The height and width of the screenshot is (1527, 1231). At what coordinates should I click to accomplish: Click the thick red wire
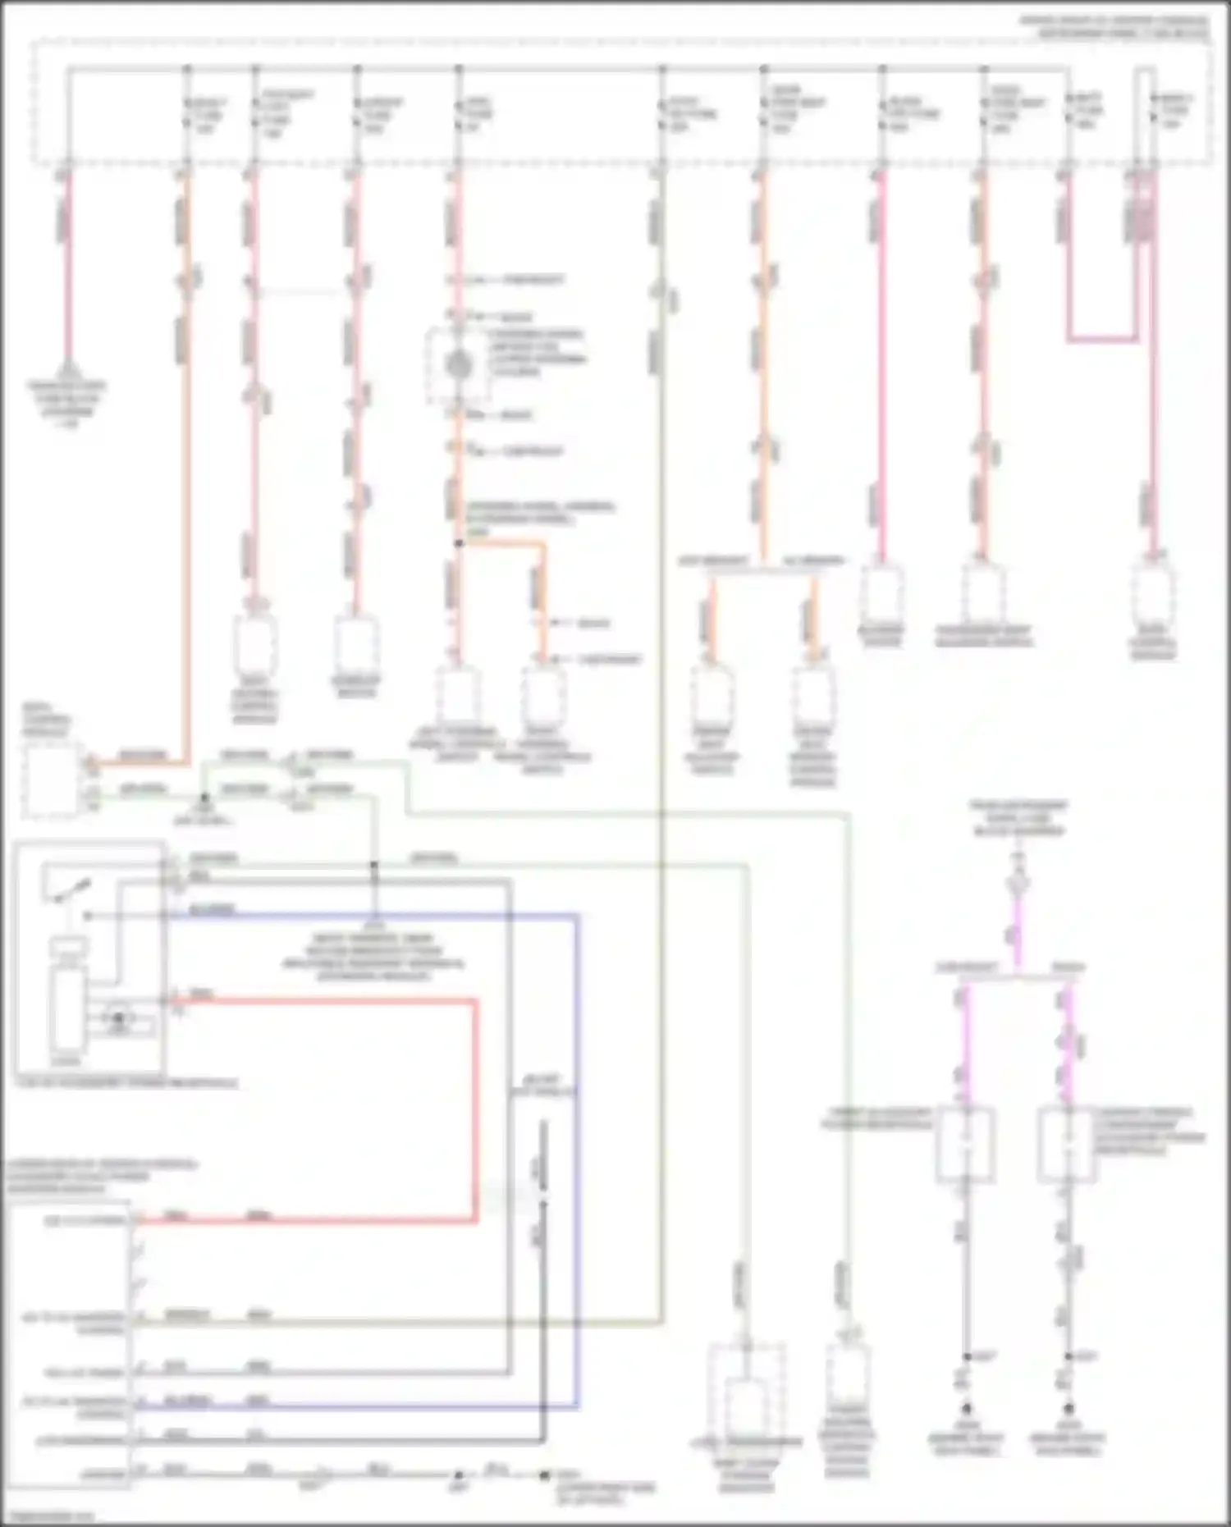click(474, 1108)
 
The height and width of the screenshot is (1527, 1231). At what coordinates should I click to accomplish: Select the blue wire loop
click(578, 1149)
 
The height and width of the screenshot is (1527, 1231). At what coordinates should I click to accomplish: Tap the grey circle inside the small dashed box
click(458, 366)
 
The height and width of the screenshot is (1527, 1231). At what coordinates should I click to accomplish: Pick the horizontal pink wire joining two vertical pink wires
click(1102, 338)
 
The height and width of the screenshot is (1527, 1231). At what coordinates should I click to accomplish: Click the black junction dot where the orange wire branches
click(459, 543)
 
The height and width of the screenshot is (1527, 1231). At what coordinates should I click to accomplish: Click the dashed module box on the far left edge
click(51, 779)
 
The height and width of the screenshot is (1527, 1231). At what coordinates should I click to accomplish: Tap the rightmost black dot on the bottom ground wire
click(543, 1475)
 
